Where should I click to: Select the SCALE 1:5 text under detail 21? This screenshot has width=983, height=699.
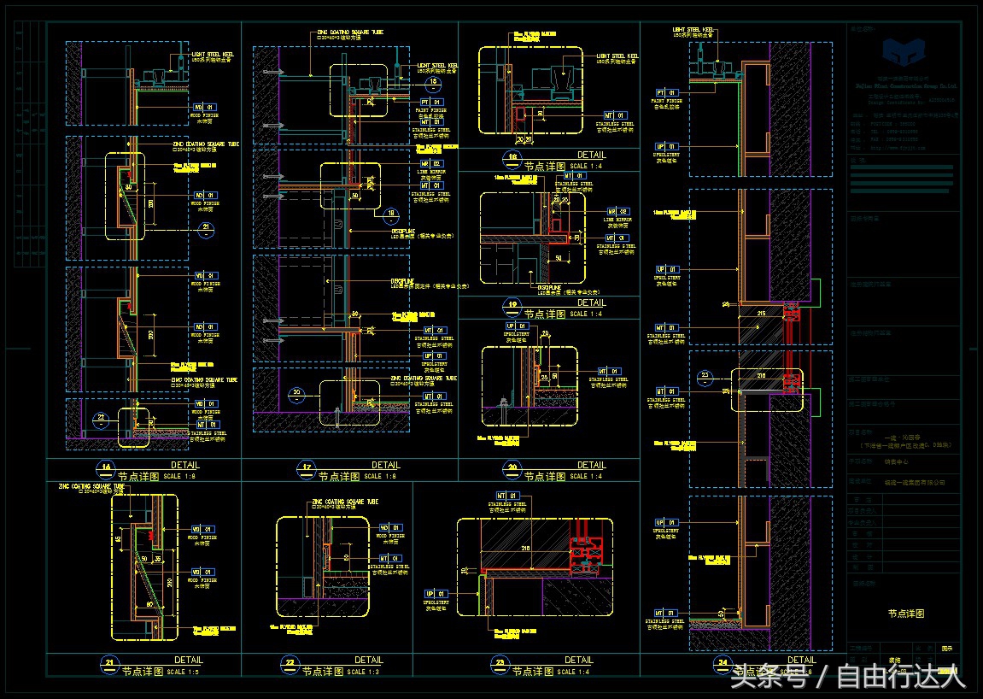(186, 672)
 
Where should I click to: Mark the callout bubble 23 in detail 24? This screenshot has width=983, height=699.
(705, 374)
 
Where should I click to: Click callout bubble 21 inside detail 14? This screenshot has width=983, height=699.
(206, 227)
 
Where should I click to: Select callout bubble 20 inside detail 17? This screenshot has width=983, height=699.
(296, 394)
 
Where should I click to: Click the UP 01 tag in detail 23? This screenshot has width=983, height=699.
(435, 593)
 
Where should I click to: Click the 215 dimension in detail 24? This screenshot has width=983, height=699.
(759, 314)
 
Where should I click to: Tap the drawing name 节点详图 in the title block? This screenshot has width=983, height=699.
(905, 614)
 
